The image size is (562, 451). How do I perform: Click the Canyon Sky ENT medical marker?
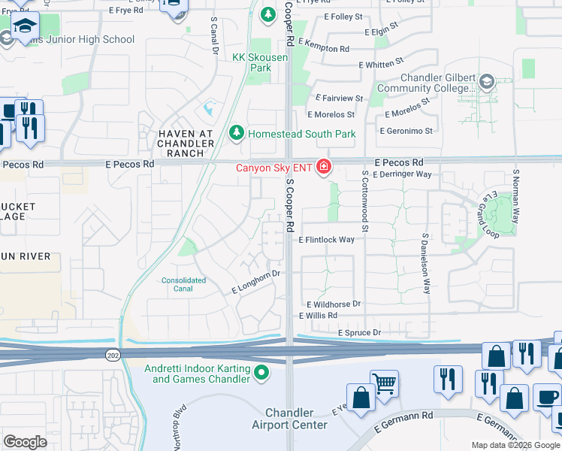[x=324, y=166]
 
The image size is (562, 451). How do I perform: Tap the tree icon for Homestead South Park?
[x=237, y=133]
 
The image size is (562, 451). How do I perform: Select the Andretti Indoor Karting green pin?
[x=261, y=372]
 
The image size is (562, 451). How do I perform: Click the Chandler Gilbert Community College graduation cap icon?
[x=486, y=81]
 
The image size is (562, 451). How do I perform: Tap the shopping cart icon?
[x=384, y=383]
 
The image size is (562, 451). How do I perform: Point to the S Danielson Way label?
[x=425, y=262]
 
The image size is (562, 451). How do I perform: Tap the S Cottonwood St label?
[x=364, y=195]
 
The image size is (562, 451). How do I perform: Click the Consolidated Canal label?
[x=184, y=285]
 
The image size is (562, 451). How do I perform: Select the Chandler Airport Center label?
[x=297, y=419]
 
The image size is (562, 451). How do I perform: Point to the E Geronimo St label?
[x=406, y=131]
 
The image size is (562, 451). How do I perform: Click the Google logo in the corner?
[x=26, y=441]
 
